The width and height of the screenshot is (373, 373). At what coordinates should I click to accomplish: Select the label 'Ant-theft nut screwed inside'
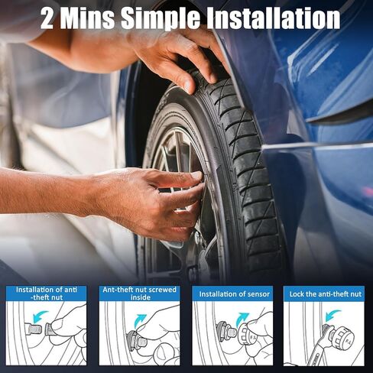(x=139, y=294)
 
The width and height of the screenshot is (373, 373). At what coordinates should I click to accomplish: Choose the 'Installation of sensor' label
(x=233, y=294)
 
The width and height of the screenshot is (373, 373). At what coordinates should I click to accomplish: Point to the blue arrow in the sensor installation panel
(x=242, y=316)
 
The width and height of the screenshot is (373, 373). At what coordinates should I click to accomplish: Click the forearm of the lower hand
(x=46, y=191)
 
